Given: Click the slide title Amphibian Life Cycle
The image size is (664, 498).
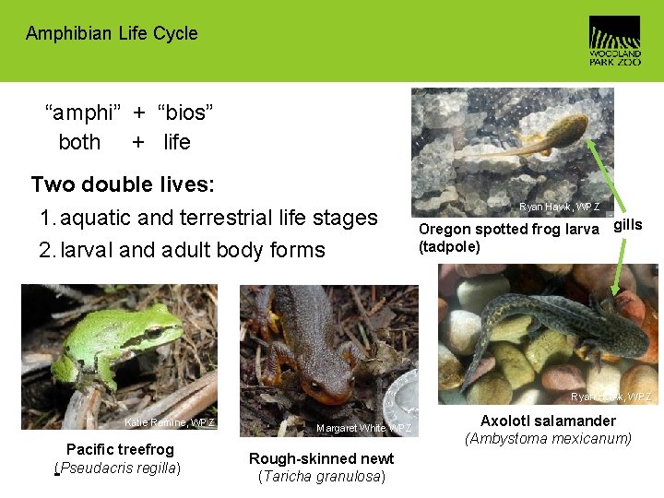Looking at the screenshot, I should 112,34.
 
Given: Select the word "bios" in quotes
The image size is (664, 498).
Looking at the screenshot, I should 185,113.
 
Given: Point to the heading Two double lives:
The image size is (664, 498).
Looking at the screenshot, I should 123,184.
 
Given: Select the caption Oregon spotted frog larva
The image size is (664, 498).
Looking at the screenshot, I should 508,230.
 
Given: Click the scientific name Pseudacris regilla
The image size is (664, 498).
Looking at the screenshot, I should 119,468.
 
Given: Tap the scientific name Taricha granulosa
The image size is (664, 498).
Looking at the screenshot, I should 321,477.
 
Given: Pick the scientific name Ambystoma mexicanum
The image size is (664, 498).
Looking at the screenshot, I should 548,438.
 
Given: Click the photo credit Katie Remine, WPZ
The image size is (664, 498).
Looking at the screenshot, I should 170,423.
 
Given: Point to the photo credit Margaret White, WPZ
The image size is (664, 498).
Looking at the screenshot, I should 363,429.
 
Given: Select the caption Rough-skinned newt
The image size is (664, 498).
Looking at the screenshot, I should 321,458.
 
